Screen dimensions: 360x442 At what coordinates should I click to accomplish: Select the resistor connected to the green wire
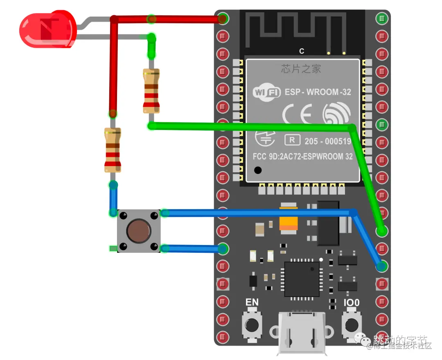(x=151, y=91)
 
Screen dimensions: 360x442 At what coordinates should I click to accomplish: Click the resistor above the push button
(x=113, y=150)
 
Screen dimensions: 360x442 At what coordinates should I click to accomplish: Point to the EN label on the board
(x=252, y=302)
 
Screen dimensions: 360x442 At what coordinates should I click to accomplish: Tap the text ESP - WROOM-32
(x=318, y=92)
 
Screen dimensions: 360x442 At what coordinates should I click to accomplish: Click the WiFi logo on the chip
(x=266, y=92)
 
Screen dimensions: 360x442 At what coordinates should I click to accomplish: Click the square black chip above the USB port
(x=302, y=279)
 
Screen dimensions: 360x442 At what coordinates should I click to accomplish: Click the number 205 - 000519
(x=328, y=141)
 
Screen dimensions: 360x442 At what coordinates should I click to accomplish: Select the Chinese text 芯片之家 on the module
(x=301, y=69)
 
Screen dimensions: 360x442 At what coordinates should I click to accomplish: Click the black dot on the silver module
(x=257, y=170)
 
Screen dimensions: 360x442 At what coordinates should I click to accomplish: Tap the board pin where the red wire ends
(x=223, y=18)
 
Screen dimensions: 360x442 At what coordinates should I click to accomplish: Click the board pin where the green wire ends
(x=382, y=231)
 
